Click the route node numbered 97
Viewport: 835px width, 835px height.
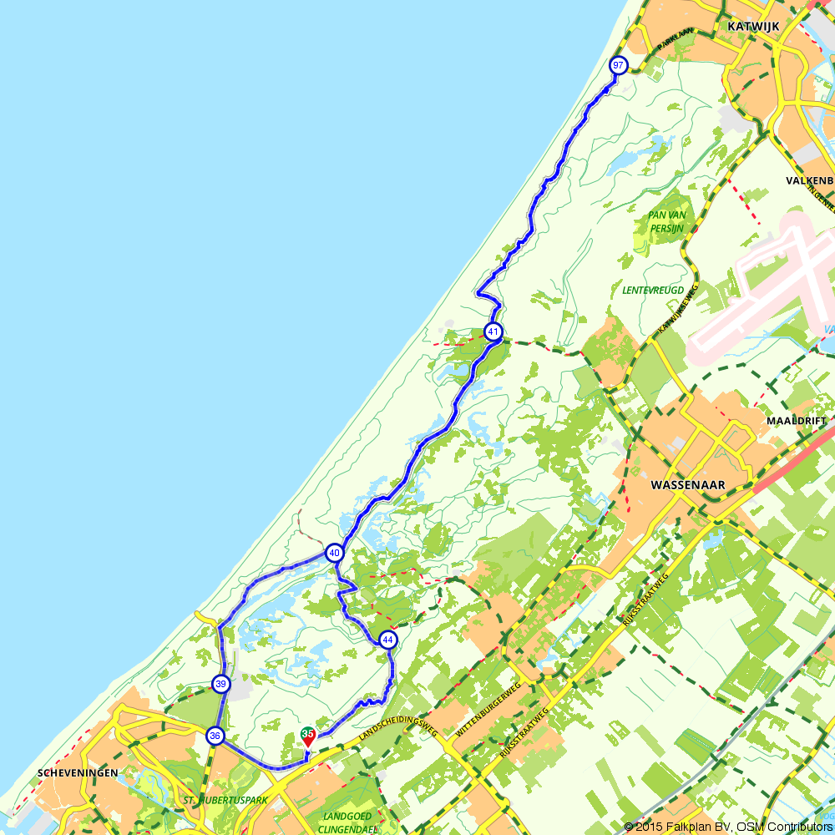click(x=618, y=65)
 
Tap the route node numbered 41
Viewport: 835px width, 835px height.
click(x=493, y=331)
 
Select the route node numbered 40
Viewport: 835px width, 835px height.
click(x=335, y=553)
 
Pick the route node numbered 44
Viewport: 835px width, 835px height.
click(x=387, y=640)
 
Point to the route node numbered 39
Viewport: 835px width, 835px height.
click(x=220, y=684)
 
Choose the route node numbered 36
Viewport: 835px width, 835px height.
click(x=215, y=736)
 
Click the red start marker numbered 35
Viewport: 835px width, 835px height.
click(x=308, y=736)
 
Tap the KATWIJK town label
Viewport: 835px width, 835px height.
click(x=753, y=26)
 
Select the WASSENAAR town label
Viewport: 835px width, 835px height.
click(x=687, y=484)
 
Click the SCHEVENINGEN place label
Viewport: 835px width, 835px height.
click(x=78, y=773)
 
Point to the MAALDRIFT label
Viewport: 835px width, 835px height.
click(x=797, y=421)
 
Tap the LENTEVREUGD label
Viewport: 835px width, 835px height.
click(x=653, y=291)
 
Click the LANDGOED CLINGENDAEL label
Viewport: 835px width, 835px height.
click(x=350, y=822)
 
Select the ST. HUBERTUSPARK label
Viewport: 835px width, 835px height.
click(x=225, y=800)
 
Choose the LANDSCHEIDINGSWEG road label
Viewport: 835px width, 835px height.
click(x=398, y=719)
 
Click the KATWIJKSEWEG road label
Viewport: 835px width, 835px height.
click(x=677, y=308)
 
